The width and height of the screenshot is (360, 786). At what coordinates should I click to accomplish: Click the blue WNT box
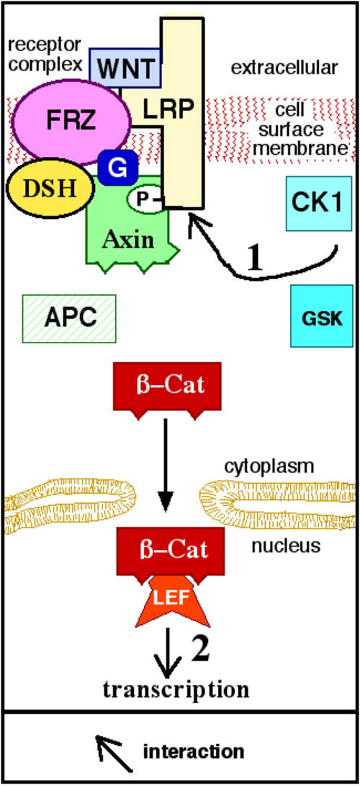pos(125,68)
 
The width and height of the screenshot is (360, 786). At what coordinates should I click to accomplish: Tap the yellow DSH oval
pos(50,189)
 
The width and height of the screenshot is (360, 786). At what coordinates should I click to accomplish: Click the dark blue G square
pos(118,167)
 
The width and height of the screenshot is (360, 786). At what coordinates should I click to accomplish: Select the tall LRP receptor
pos(182,113)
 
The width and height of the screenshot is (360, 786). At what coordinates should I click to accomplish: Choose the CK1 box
pos(318,204)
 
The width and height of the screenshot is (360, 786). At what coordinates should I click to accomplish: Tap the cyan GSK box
pos(320,316)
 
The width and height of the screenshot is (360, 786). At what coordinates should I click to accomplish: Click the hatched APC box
pos(69,318)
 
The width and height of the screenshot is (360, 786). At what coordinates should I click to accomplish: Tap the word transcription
pos(176,690)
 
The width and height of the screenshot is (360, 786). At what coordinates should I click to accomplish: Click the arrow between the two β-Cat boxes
pos(165,467)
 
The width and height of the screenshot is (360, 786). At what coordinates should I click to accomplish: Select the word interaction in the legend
pos(194,752)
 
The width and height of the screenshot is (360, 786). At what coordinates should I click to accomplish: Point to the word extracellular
pos(284,68)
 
